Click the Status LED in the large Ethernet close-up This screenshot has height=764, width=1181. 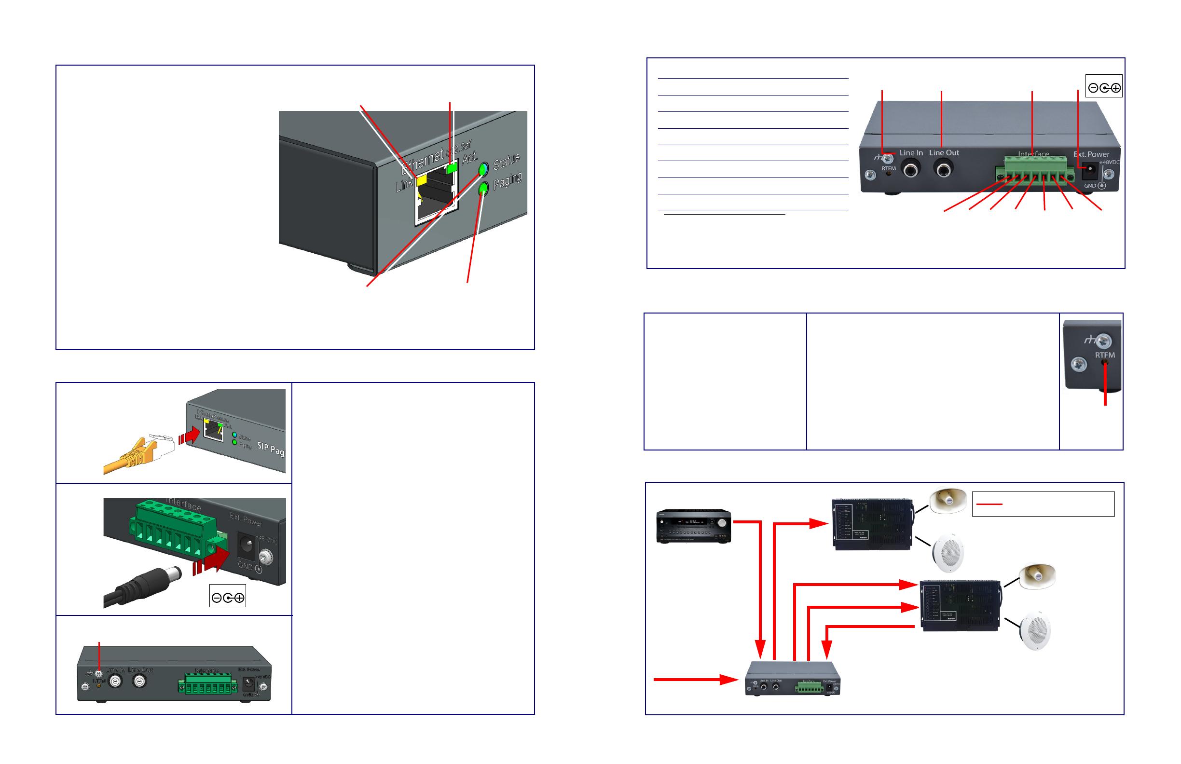coord(483,169)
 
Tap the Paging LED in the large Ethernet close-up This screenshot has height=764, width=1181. coord(483,188)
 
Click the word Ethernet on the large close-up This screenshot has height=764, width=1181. coord(422,161)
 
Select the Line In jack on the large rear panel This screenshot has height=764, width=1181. coord(911,170)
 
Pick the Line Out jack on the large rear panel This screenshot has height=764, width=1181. coord(944,170)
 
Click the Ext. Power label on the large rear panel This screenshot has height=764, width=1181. coord(1091,154)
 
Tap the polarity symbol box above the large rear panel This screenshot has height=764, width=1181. coord(1104,87)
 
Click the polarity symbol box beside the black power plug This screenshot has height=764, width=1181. coord(228,597)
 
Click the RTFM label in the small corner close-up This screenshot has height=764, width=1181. coord(1105,355)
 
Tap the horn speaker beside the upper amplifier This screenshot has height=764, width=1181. coord(948,501)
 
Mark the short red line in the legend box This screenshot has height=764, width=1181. coord(989,504)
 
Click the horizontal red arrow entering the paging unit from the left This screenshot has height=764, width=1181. coord(695,680)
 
